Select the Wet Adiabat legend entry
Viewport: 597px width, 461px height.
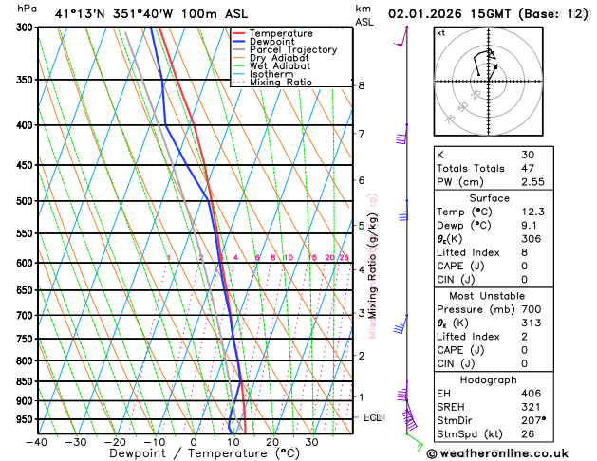point(279,65)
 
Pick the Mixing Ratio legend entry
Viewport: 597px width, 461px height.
point(280,82)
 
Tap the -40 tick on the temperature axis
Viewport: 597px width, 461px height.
point(38,442)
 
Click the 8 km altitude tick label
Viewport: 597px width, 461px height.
point(361,85)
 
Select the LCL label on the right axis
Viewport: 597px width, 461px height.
point(373,417)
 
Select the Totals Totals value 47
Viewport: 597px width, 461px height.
point(529,168)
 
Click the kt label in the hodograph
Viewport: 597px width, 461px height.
point(440,32)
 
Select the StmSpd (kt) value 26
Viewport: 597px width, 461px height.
point(529,435)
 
